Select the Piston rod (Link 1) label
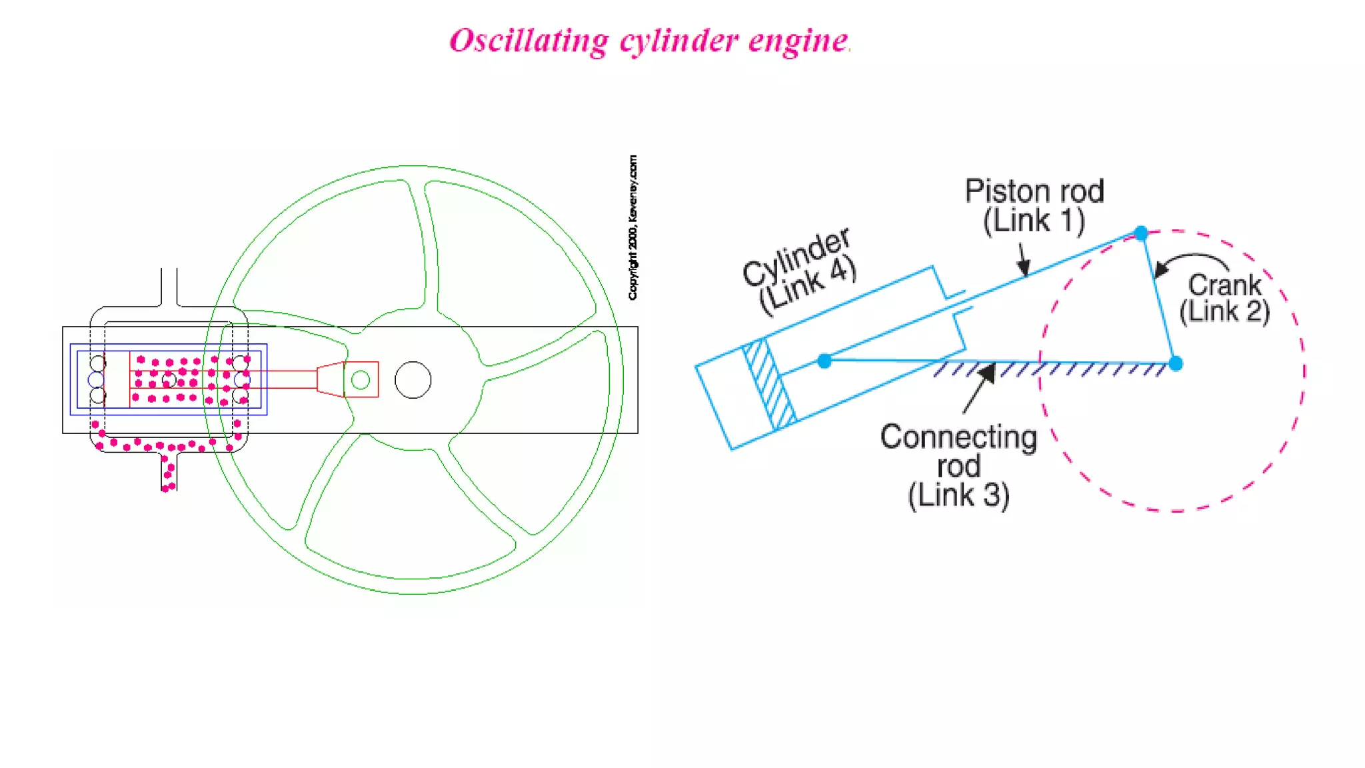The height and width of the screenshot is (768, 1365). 1034,206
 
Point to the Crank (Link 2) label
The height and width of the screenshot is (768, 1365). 1225,298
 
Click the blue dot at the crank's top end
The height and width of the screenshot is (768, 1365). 1141,233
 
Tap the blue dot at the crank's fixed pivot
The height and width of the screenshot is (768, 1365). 1176,363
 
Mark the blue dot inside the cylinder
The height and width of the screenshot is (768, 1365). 824,361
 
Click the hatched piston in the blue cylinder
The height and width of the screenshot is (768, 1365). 770,384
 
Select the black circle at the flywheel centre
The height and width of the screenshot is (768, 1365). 413,380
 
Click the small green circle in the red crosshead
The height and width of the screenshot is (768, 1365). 361,380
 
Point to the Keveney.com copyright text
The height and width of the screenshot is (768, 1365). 633,227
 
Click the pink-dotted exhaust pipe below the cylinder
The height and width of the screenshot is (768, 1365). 169,471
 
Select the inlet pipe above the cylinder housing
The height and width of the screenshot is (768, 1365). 169,287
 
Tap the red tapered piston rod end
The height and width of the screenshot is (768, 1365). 330,379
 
